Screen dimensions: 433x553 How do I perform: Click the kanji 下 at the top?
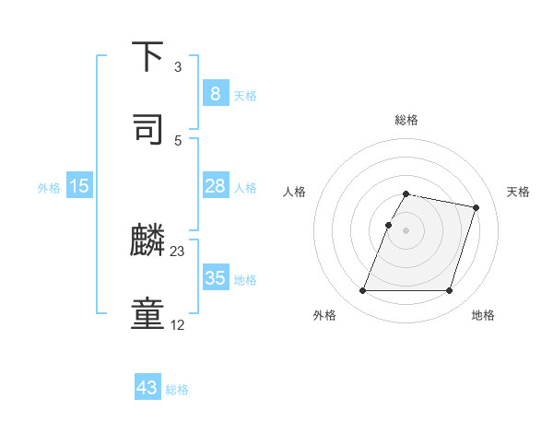149,58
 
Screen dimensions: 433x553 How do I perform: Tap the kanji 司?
149,129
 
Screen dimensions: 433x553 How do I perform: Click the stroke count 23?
178,251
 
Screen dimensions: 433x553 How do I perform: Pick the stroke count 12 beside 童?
178,324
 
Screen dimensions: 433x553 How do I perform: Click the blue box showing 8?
215,93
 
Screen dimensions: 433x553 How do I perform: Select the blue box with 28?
215,186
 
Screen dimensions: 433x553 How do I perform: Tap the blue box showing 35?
215,278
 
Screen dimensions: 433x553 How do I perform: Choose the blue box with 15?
79,186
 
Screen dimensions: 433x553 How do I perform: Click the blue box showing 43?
147,388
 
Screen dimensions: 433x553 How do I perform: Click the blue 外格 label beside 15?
49,188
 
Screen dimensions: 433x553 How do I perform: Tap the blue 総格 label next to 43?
177,390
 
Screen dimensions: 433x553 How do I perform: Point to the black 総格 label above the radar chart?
406,120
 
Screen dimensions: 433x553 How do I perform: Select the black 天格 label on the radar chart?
519,192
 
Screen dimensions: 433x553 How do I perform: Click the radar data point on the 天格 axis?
477,207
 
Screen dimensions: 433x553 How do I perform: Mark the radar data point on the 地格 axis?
449,291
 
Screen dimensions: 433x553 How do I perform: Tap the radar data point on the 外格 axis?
363,291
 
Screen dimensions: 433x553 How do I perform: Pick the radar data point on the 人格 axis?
388,225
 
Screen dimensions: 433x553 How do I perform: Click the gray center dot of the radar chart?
406,230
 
